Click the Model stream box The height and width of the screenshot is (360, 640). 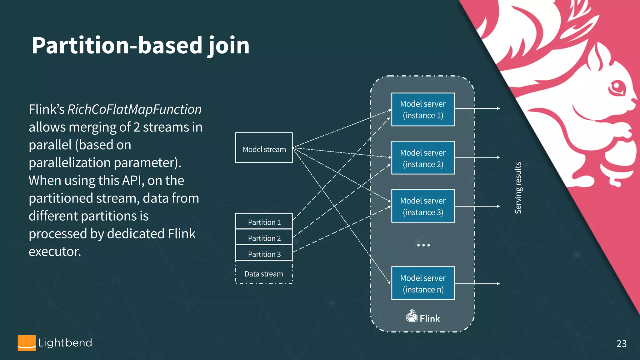click(x=264, y=148)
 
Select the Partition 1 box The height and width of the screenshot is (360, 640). click(x=264, y=222)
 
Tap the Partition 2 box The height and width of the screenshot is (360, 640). click(x=264, y=238)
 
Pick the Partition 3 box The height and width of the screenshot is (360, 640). click(x=264, y=254)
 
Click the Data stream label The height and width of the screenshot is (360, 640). click(x=264, y=274)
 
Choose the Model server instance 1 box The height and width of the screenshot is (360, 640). click(x=423, y=109)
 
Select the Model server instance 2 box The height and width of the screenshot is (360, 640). click(x=423, y=158)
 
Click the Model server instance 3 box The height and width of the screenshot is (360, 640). click(x=423, y=206)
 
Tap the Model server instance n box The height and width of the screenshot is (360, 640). click(x=423, y=283)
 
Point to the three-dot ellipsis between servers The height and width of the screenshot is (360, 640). click(x=423, y=245)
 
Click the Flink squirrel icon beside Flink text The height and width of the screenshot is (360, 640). click(x=412, y=316)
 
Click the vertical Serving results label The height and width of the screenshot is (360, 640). click(x=518, y=187)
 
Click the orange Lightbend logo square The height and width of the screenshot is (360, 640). click(x=27, y=343)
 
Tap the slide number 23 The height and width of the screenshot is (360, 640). click(x=621, y=343)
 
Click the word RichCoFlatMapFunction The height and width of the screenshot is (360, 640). click(x=134, y=109)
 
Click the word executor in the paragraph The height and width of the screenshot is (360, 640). click(x=55, y=252)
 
